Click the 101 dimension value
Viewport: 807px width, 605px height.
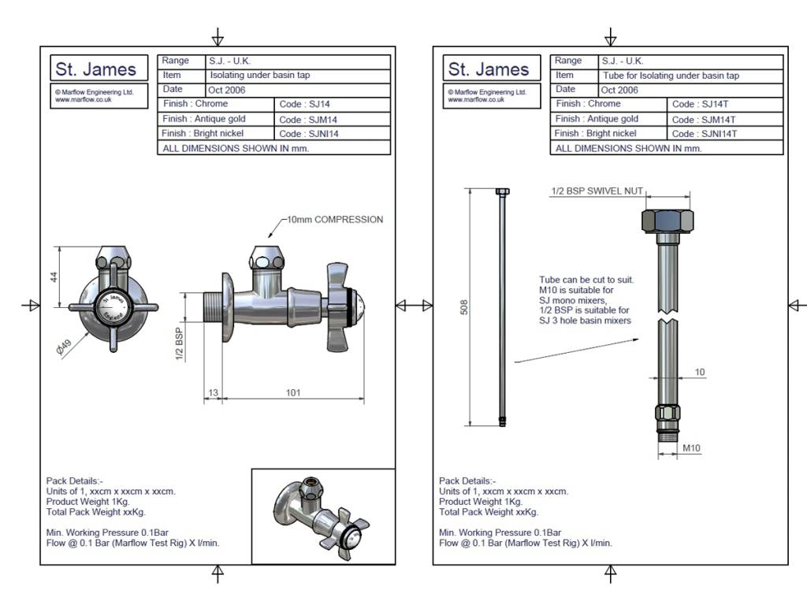(x=292, y=392)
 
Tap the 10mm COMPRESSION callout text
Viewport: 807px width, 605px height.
(x=334, y=220)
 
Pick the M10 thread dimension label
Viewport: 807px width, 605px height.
(x=691, y=448)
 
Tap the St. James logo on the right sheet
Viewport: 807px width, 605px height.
(x=489, y=69)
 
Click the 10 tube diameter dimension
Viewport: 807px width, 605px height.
(x=700, y=373)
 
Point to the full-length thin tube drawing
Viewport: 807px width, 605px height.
(x=500, y=307)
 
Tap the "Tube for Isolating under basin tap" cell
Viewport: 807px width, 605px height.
(x=671, y=76)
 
